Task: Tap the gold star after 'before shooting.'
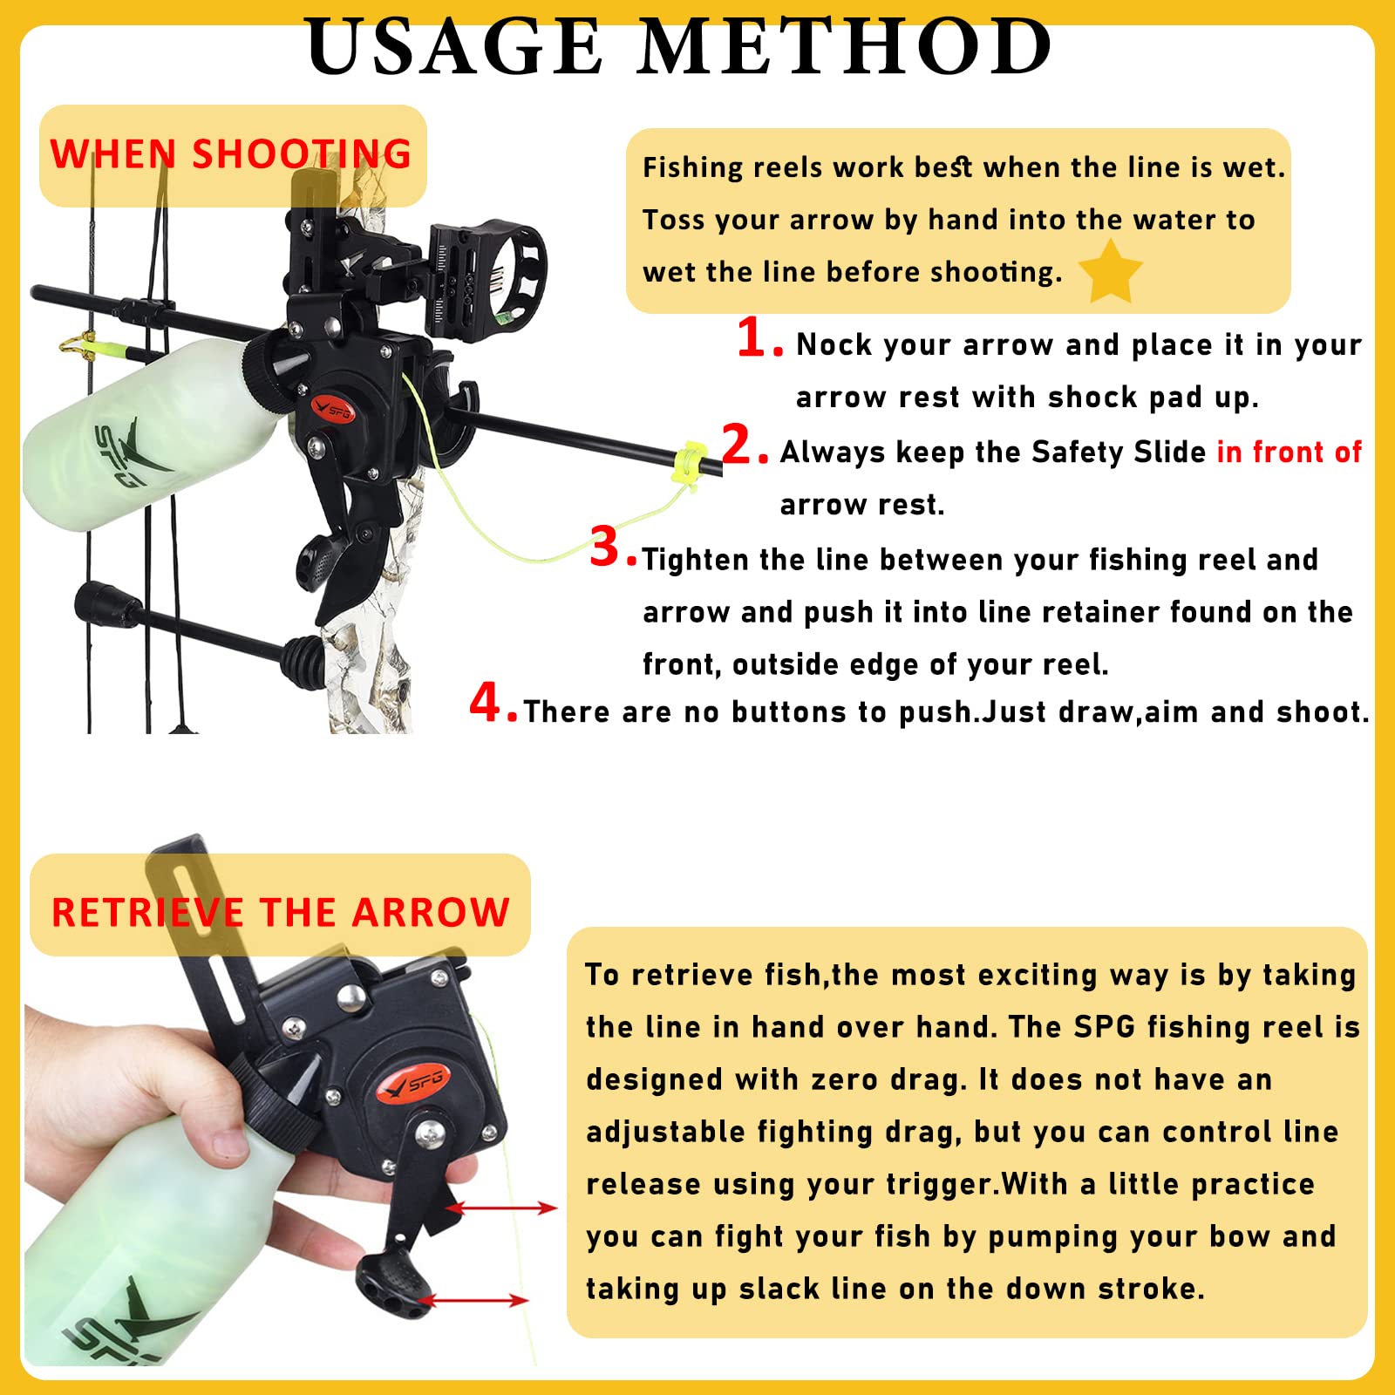pyautogui.click(x=1110, y=272)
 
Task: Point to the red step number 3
pyautogui.click(x=604, y=548)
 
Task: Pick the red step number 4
pyautogui.click(x=485, y=703)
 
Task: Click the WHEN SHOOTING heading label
pyautogui.click(x=231, y=154)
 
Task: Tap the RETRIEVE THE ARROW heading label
pyautogui.click(x=280, y=912)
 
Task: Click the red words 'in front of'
pyautogui.click(x=1289, y=452)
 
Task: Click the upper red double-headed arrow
pyautogui.click(x=501, y=1208)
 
